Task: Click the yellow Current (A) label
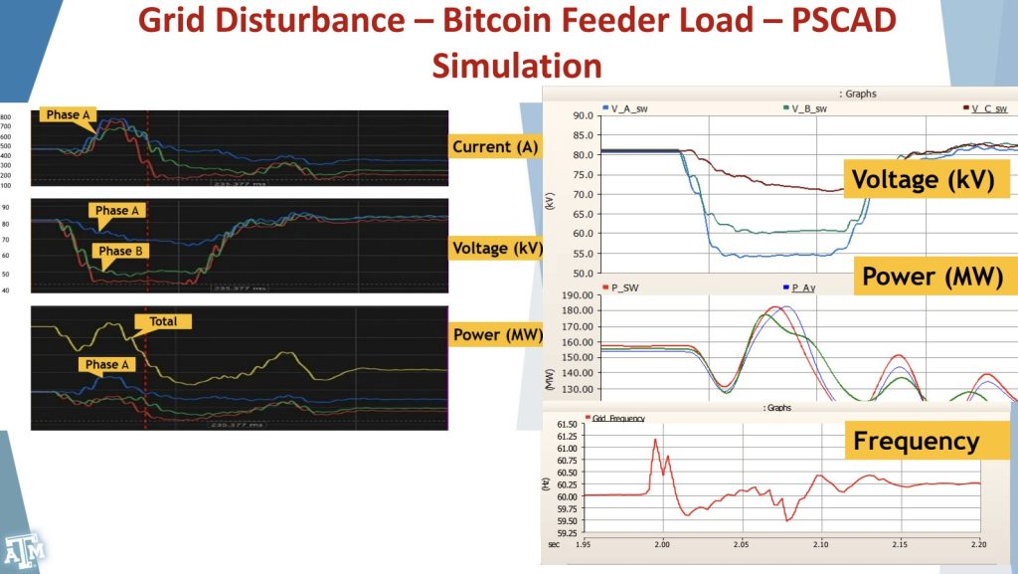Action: [495, 147]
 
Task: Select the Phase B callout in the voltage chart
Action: [122, 251]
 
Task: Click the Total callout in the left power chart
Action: [162, 321]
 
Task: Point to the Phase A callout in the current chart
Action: [69, 114]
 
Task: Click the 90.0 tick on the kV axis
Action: [583, 115]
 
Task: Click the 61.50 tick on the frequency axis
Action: [566, 424]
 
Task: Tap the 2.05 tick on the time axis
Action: [741, 545]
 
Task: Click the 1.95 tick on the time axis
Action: [584, 545]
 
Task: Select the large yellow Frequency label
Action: [916, 441]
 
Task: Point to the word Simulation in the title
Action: [517, 66]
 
